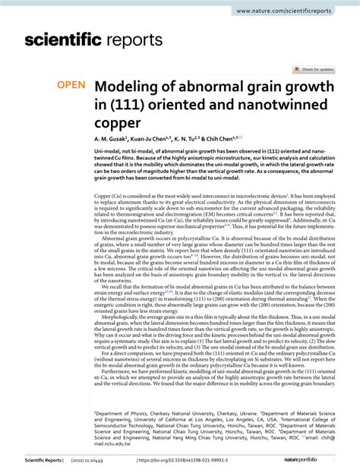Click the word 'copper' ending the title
tap(117, 122)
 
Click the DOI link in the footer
tap(187, 460)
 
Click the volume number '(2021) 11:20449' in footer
tap(99, 460)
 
